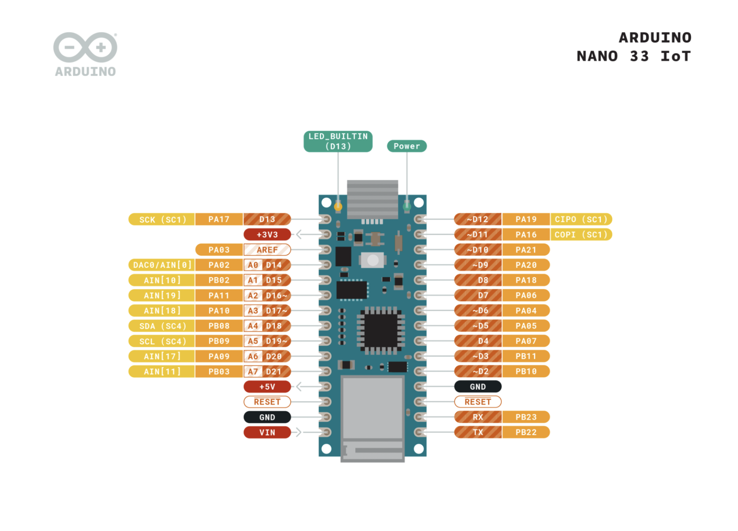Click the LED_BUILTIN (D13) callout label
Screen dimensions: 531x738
[x=338, y=141]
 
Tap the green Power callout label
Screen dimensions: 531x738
[x=407, y=146]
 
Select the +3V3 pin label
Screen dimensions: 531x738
[x=267, y=235]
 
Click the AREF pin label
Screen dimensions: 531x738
[x=267, y=250]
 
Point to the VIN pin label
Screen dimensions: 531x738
[x=267, y=433]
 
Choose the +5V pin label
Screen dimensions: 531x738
[x=267, y=387]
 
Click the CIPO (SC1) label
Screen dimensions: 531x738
[x=581, y=219]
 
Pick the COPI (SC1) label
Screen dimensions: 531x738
[x=581, y=235]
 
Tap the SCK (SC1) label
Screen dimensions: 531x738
[x=162, y=219]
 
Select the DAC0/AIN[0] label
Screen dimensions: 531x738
[x=162, y=265]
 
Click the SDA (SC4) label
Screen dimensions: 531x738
[x=162, y=326]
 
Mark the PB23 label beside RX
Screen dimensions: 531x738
[x=526, y=417]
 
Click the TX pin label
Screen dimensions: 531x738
[x=478, y=433]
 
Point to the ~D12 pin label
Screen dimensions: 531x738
[x=478, y=219]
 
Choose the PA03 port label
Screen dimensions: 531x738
[x=219, y=250]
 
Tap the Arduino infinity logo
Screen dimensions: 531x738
[x=85, y=47]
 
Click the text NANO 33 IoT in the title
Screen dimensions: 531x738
[x=633, y=56]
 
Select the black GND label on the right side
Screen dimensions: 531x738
[x=478, y=387]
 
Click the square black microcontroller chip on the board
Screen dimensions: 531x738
[x=381, y=330]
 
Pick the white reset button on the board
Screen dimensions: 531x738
[x=373, y=260]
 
